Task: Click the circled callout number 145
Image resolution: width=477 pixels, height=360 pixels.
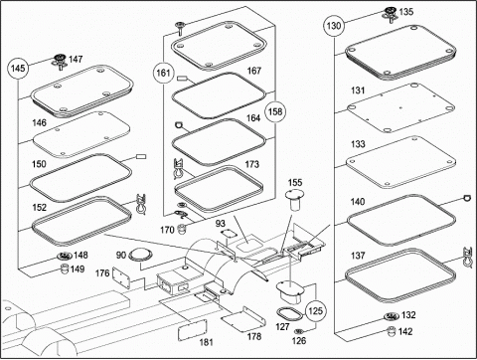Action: [18, 69]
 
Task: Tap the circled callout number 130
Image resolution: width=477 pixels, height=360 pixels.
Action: [334, 26]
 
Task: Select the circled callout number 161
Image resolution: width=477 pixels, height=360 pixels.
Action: [163, 73]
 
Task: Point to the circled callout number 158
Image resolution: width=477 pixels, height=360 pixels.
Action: [275, 111]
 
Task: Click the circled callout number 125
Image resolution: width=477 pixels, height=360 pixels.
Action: [315, 311]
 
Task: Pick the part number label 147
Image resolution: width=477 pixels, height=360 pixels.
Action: [76, 60]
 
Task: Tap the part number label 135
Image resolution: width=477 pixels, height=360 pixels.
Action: [406, 12]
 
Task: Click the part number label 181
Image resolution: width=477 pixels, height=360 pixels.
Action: [206, 342]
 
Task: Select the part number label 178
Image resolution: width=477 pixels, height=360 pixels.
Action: [254, 336]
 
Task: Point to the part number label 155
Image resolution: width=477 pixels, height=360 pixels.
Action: [295, 183]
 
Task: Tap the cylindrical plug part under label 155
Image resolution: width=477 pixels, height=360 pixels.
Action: [293, 202]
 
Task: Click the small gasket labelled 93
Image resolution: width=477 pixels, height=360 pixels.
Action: [227, 233]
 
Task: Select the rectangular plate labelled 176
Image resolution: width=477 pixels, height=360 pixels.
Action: [121, 278]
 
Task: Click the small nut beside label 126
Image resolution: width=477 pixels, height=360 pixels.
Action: [299, 331]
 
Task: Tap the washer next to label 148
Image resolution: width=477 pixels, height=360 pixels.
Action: [65, 256]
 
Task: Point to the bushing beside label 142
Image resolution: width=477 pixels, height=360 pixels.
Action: [392, 331]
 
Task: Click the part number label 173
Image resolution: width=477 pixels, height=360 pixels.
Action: [251, 164]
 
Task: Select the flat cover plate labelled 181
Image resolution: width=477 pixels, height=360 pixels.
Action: [193, 330]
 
